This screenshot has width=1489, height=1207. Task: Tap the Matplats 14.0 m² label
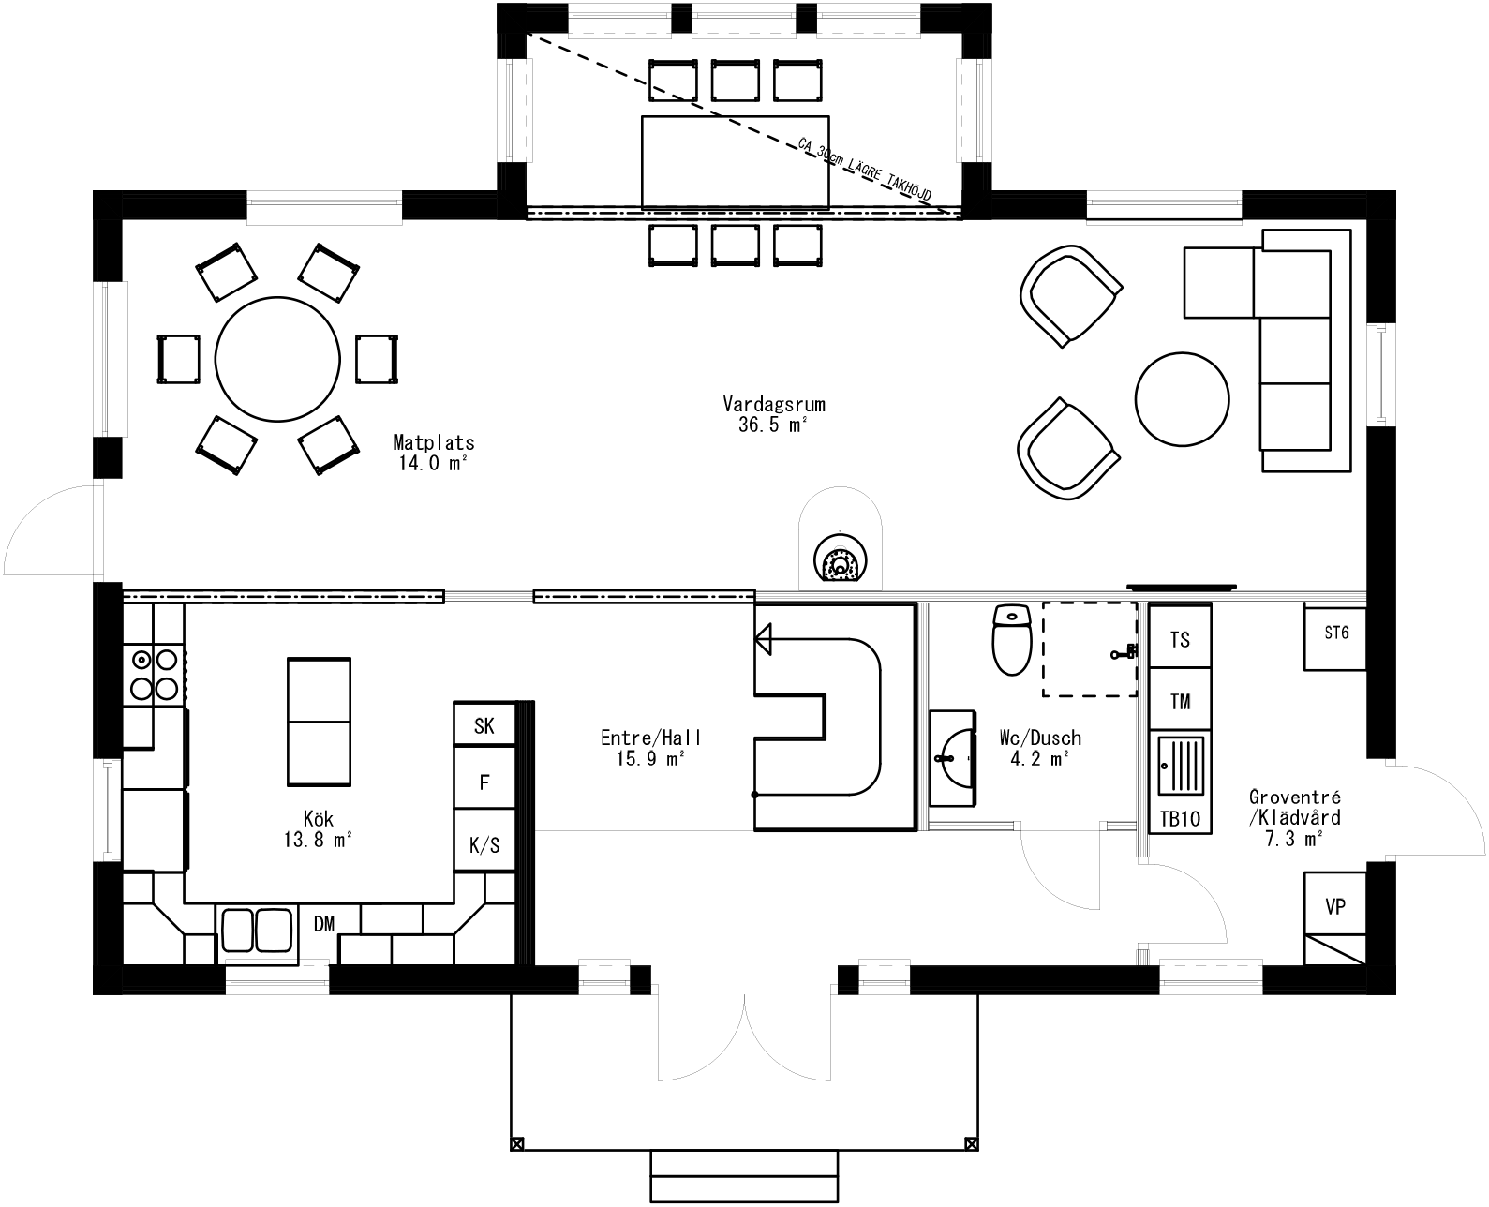pos(433,451)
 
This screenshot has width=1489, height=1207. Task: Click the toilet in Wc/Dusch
pos(1011,641)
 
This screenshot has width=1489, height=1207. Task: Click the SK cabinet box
pos(484,724)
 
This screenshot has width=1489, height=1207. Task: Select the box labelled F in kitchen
pos(484,782)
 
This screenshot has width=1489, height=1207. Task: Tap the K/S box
pos(484,844)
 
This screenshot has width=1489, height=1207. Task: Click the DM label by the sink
pos(324,925)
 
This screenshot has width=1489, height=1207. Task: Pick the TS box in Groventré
pos(1180,639)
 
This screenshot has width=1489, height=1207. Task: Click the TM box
pos(1180,700)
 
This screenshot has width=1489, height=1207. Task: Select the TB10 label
pos(1180,818)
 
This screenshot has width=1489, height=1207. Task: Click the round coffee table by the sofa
pos(1182,398)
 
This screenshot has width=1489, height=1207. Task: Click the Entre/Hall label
pos(650,748)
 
